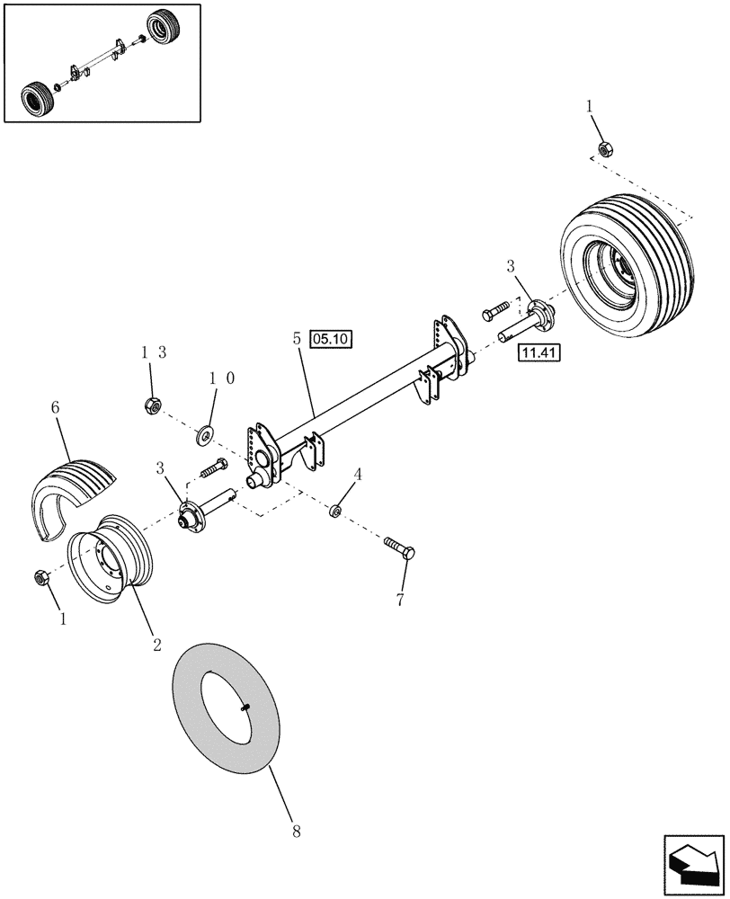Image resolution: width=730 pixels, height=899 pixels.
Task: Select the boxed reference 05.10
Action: pos(333,339)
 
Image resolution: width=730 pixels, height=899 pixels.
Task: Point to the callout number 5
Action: pos(296,341)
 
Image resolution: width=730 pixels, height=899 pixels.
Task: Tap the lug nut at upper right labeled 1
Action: pos(602,149)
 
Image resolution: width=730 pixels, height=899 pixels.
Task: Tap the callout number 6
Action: pos(55,408)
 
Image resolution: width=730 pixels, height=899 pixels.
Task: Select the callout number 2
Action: pos(156,644)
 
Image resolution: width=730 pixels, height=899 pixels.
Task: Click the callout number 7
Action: pos(399,598)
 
